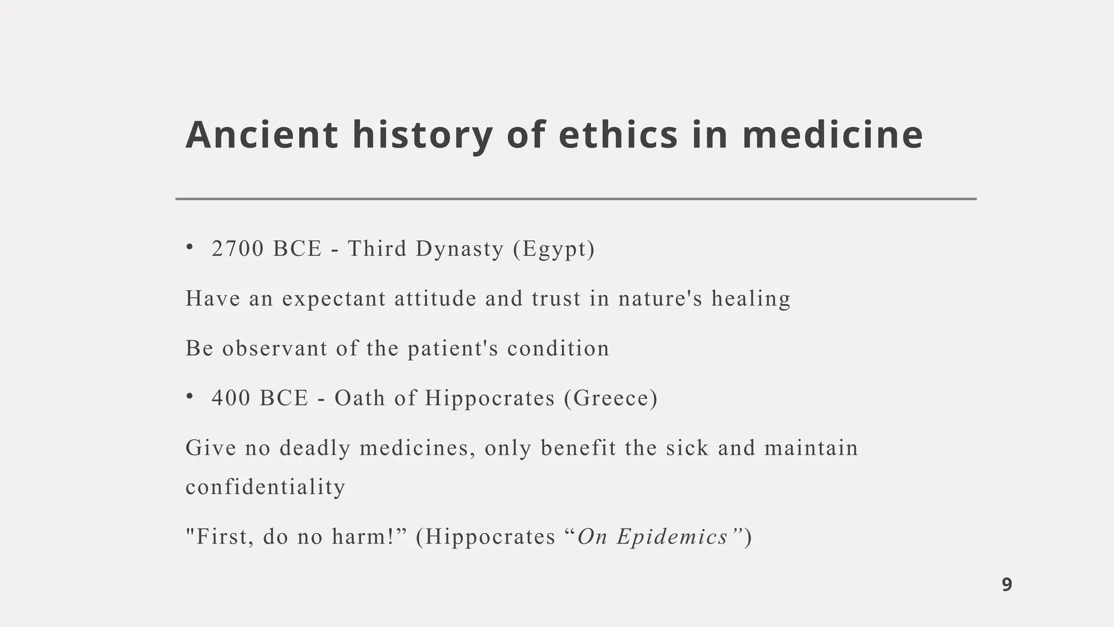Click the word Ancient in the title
(261, 135)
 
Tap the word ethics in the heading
(618, 135)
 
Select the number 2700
(238, 249)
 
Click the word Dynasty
(460, 249)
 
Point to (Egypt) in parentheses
(554, 249)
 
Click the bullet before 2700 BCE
(189, 248)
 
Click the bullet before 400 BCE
(189, 397)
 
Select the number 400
(231, 398)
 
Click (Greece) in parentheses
(611, 398)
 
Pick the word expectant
(333, 299)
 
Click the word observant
(274, 349)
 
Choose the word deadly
(315, 448)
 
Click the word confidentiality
(265, 487)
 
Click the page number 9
(1007, 585)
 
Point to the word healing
(751, 299)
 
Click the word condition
(558, 349)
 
